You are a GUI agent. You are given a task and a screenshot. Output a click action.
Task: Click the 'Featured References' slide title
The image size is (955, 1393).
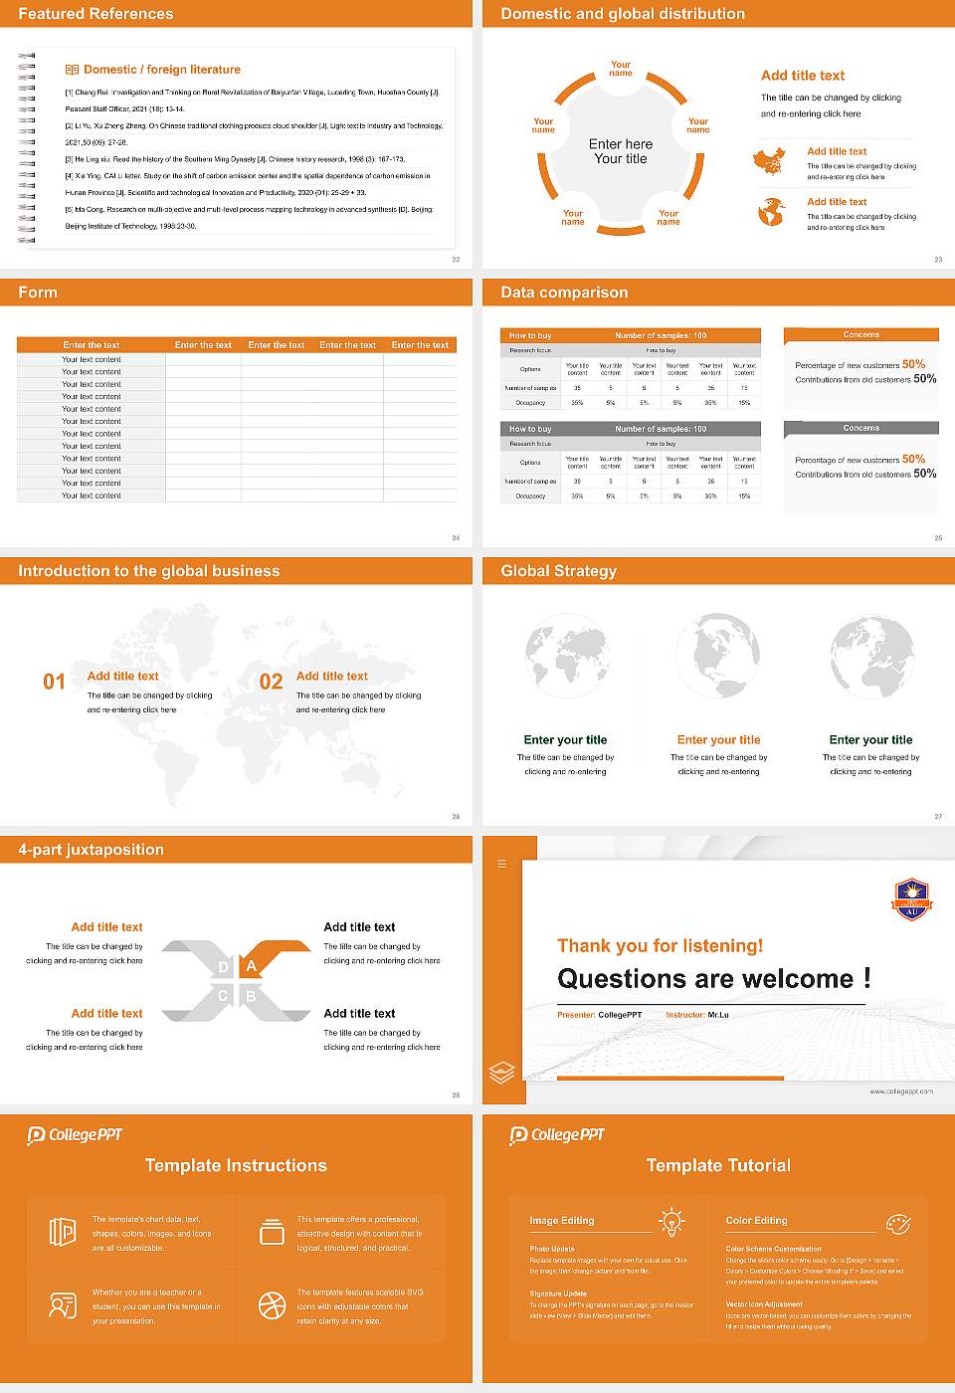[x=95, y=14]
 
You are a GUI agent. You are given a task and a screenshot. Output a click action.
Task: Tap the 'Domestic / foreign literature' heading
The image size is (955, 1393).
[x=161, y=70]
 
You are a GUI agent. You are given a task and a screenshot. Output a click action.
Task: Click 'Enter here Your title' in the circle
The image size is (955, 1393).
[x=621, y=151]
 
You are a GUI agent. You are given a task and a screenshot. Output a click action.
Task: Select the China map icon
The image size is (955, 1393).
[x=769, y=161]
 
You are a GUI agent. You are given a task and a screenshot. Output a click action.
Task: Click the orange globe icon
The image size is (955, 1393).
[x=771, y=212]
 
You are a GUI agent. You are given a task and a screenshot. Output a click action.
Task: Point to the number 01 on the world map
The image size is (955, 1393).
[x=54, y=682]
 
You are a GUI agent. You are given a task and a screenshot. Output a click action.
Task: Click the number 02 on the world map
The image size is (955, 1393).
[x=271, y=682]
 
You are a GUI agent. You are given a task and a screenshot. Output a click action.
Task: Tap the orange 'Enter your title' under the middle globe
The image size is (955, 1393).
[x=718, y=740]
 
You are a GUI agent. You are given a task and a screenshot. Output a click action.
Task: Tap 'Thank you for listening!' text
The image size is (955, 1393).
[x=660, y=946]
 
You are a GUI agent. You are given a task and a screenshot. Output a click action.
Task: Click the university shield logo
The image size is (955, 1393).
[x=911, y=898]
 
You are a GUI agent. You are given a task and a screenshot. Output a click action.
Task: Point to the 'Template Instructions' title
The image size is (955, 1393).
[x=236, y=1165]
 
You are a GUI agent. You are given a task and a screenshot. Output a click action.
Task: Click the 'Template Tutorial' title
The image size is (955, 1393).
[x=718, y=1165]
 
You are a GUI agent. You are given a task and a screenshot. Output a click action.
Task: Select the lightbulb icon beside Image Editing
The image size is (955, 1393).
[x=671, y=1222]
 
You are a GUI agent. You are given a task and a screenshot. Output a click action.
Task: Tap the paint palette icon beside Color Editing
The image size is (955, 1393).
[x=898, y=1223]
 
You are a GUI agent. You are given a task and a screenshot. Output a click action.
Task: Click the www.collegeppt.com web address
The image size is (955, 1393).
[x=900, y=1092]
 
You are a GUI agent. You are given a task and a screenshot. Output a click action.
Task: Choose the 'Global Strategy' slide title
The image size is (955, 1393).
[x=558, y=571]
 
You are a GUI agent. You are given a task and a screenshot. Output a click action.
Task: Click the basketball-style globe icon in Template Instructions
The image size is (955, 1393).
[x=272, y=1305]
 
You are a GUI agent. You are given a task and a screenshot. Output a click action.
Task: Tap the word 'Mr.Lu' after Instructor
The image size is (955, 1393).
[x=718, y=1015]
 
